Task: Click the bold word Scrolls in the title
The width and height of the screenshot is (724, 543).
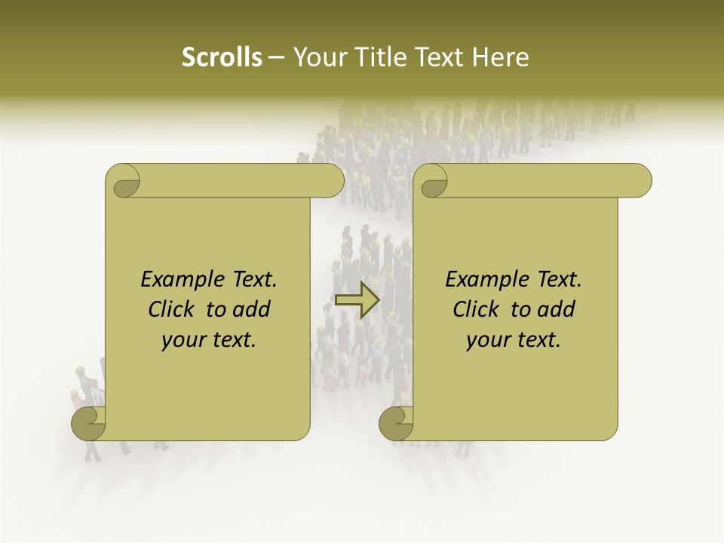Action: pyautogui.click(x=222, y=57)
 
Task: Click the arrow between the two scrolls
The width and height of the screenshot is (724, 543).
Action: pyautogui.click(x=357, y=300)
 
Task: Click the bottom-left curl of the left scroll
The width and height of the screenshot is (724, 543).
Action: pyautogui.click(x=88, y=423)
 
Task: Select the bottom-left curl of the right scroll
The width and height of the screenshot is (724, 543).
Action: pyautogui.click(x=396, y=423)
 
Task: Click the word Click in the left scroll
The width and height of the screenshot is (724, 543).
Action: pyautogui.click(x=173, y=310)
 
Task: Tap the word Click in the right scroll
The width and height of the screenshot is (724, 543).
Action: pyautogui.click(x=477, y=310)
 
